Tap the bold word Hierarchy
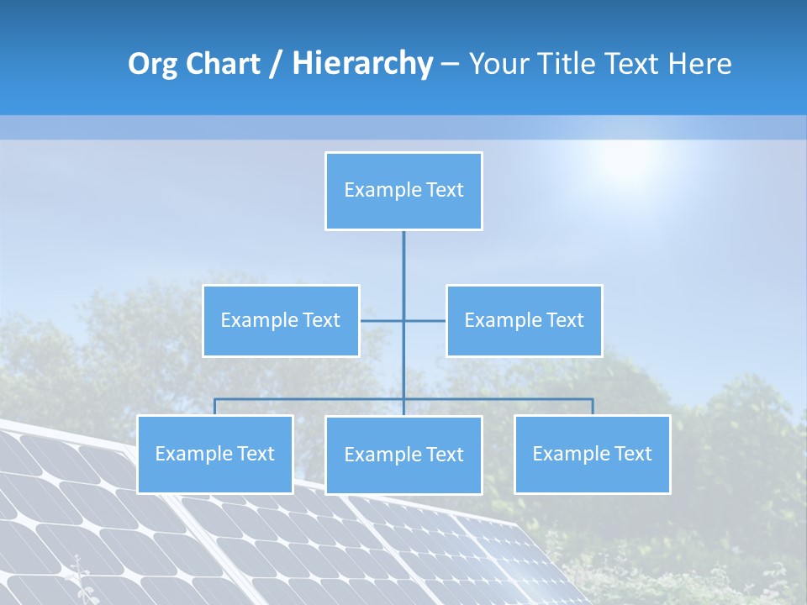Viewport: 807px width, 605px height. pyautogui.click(x=362, y=64)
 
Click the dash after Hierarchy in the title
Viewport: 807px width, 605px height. pyautogui.click(x=450, y=64)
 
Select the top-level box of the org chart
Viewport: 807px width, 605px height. pyautogui.click(x=403, y=191)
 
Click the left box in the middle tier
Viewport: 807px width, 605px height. pyautogui.click(x=281, y=320)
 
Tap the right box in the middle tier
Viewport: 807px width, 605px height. pyautogui.click(x=525, y=320)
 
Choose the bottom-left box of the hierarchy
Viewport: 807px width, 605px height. pyautogui.click(x=215, y=455)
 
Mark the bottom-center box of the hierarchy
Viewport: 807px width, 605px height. pyautogui.click(x=403, y=455)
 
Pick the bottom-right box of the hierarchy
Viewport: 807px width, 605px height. pyautogui.click(x=593, y=455)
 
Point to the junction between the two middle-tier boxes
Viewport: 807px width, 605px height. pyautogui.click(x=403, y=320)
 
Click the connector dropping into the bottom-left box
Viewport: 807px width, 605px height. pyautogui.click(x=215, y=407)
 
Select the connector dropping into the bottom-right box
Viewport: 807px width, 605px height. pyautogui.click(x=593, y=407)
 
